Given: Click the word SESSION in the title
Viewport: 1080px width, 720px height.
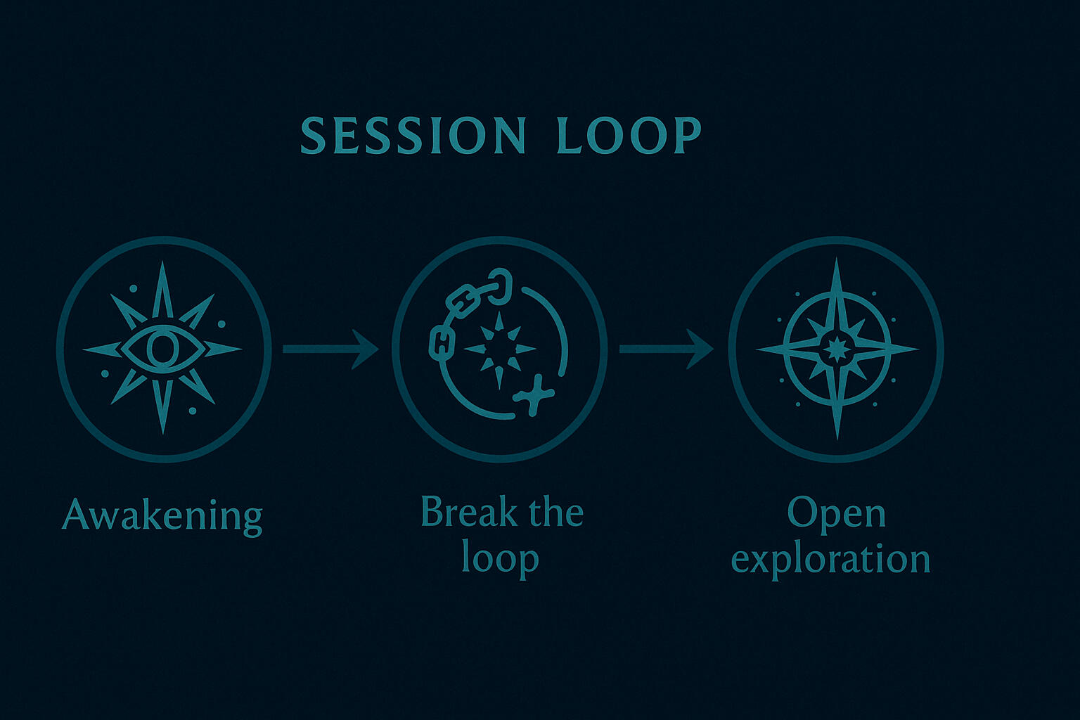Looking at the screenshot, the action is pyautogui.click(x=413, y=135).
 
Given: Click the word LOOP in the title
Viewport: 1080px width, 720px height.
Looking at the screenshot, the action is pyautogui.click(x=628, y=135).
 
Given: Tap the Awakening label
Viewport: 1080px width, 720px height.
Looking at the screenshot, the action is pyautogui.click(x=162, y=517).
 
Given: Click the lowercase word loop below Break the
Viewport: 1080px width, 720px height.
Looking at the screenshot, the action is pyautogui.click(x=500, y=560).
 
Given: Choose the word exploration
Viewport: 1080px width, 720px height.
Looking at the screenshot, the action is pyautogui.click(x=830, y=560).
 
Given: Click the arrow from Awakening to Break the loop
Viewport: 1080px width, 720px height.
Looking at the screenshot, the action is pyautogui.click(x=330, y=349).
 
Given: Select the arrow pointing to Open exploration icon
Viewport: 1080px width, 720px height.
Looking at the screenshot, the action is pyautogui.click(x=667, y=349).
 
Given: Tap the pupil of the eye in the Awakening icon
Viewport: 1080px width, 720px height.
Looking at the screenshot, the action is pyautogui.click(x=162, y=349).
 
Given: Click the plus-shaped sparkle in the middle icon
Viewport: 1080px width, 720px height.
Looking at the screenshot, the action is pyautogui.click(x=533, y=395).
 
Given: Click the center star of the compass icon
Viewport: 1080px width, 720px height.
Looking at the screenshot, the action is pyautogui.click(x=837, y=349).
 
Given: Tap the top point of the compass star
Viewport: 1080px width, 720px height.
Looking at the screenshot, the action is pyautogui.click(x=837, y=259).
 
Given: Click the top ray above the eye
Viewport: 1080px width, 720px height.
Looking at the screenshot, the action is pyautogui.click(x=162, y=290).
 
